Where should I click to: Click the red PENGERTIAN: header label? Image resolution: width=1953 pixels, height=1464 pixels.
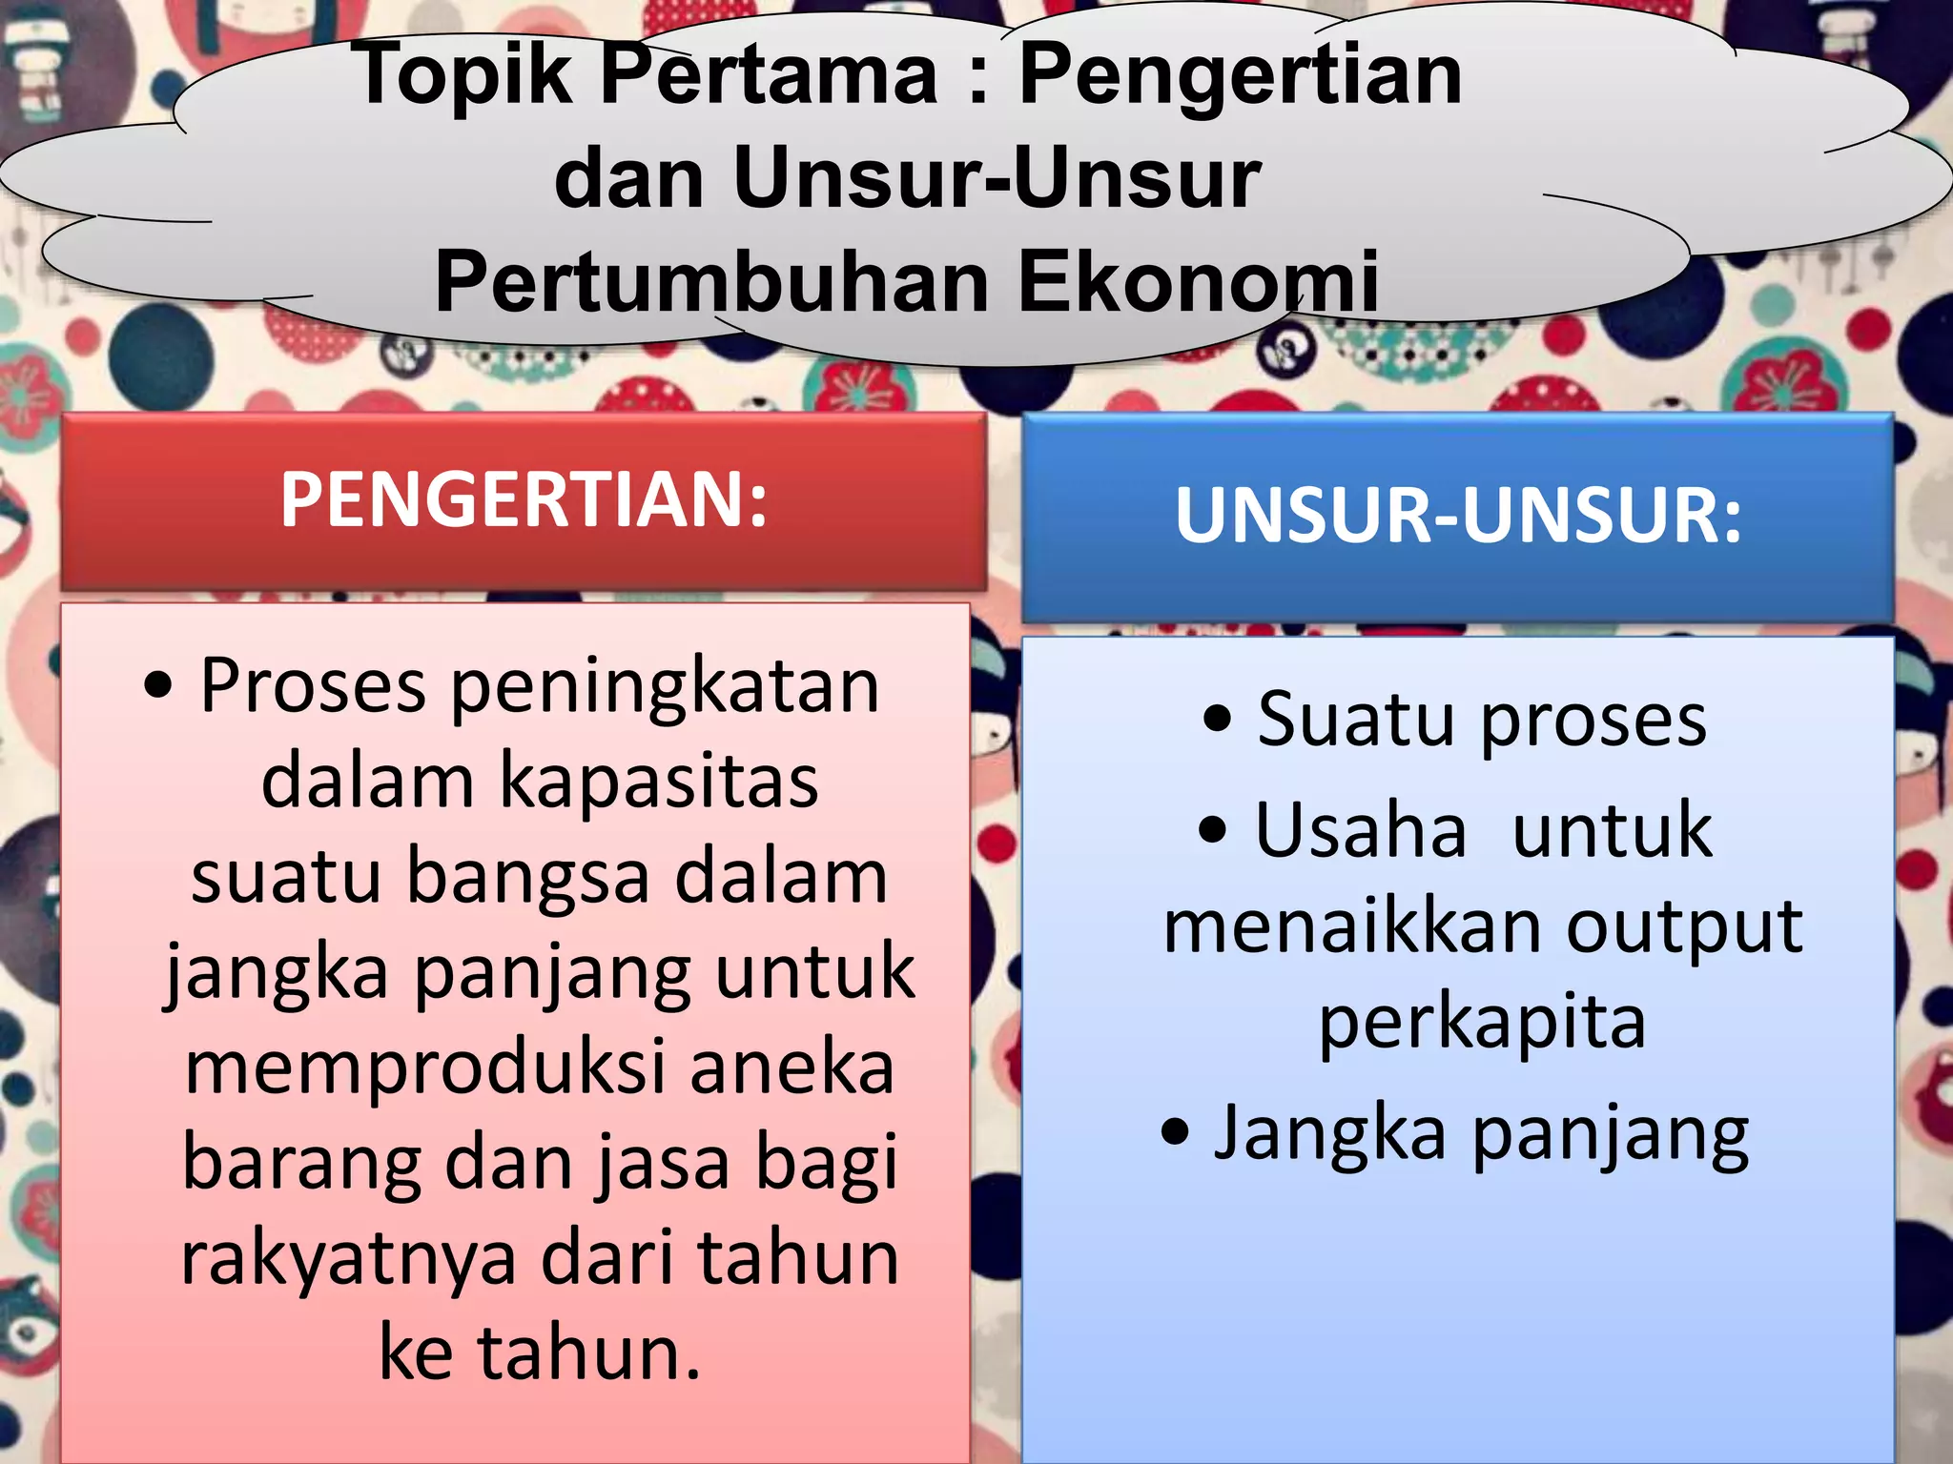pos(524,499)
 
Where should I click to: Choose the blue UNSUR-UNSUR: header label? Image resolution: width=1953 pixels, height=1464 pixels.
pos(1458,516)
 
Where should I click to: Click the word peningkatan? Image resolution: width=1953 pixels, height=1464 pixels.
pos(665,686)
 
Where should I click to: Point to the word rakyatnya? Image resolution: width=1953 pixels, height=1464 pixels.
pos(348,1258)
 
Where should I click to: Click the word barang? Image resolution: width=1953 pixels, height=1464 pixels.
pos(301,1163)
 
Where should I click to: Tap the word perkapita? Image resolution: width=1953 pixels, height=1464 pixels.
pos(1482,1024)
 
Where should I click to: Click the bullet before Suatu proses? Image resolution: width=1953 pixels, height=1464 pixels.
pos(1218,721)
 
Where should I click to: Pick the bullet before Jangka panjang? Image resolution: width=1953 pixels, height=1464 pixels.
pos(1176,1132)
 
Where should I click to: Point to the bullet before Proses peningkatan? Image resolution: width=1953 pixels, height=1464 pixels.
pos(159,686)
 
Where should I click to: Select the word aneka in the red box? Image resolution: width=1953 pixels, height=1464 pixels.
pos(791,1067)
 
